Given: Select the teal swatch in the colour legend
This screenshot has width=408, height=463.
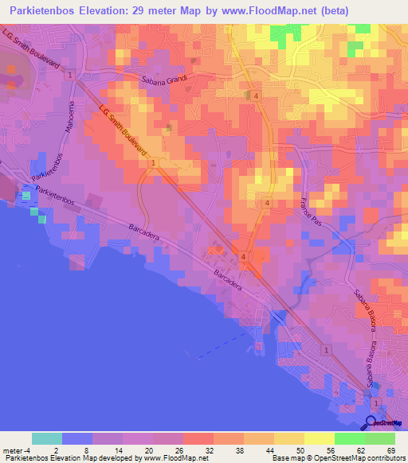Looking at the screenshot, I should pyautogui.click(x=47, y=438).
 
